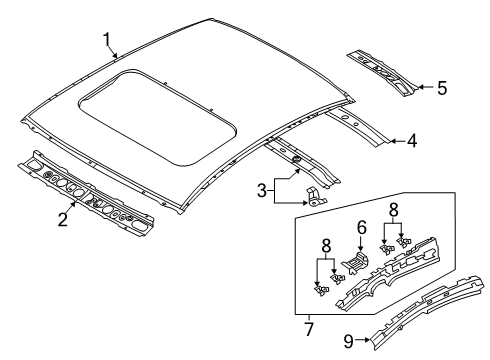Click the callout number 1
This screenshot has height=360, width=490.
107,40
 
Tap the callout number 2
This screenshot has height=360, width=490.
63,219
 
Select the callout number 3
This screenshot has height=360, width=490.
262,191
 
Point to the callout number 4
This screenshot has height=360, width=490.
412,141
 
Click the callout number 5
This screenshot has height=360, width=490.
442,88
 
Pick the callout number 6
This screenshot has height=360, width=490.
361,228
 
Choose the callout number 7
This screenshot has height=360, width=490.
309,329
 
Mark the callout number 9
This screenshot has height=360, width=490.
348,341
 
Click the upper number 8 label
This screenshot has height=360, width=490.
393,210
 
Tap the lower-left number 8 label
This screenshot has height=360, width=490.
326,247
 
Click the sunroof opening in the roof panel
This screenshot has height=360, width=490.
158,118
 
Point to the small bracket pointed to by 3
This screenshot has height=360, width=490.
316,197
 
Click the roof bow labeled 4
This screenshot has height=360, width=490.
357,126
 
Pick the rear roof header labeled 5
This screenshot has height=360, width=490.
383,73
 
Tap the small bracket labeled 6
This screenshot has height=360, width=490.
355,262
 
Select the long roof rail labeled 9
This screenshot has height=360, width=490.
428,312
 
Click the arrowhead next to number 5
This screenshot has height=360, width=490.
421,87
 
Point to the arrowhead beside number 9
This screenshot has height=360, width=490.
368,340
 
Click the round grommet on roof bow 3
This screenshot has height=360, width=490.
295,159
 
